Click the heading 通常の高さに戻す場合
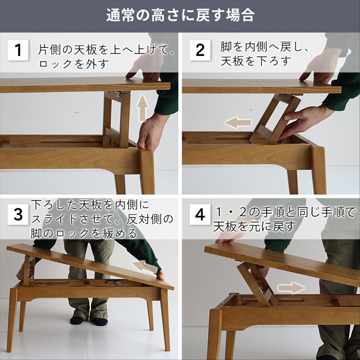coord(180,15)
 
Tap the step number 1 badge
coord(18,50)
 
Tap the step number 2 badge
coord(200,50)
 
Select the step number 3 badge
coord(18,214)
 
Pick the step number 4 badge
coord(200,214)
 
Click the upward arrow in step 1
coord(142,109)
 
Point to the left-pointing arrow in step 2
coord(238,122)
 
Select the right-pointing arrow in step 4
coord(291,287)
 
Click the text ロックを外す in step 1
coord(73,64)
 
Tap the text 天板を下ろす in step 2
coord(256,61)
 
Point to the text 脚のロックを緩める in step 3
coord(84,233)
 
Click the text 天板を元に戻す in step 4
coord(255,227)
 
